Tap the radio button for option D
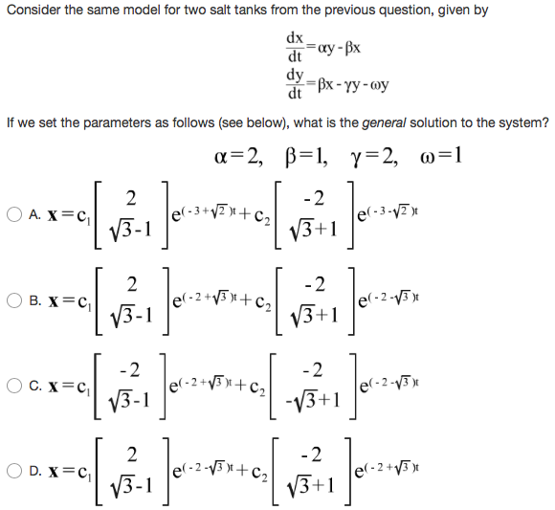[12, 471]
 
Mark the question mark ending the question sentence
[545, 122]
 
